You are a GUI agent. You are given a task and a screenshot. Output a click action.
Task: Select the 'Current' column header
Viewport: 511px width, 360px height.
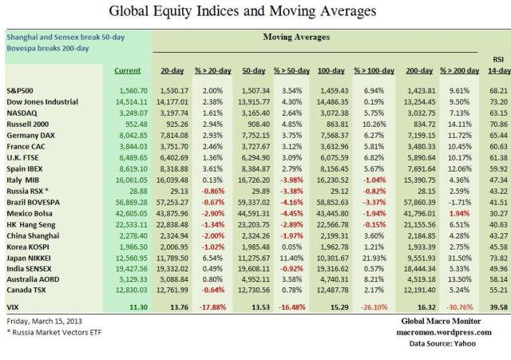coord(127,71)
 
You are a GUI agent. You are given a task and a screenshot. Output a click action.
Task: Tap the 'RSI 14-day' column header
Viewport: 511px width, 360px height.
coord(496,65)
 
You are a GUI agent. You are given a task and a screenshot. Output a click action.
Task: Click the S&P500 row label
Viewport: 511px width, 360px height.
coord(22,92)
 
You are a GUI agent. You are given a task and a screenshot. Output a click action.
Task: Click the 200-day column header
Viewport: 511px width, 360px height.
coord(420,71)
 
